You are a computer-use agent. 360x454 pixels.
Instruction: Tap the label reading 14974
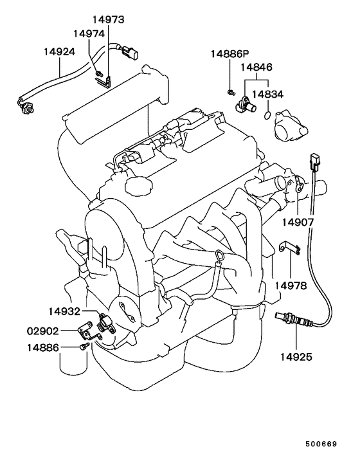tap(89, 33)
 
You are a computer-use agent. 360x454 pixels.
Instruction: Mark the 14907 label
tap(298, 222)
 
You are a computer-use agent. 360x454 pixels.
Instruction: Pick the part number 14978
tap(291, 284)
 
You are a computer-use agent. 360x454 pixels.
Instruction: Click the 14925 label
tap(295, 356)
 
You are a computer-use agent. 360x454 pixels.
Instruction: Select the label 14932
tap(64, 312)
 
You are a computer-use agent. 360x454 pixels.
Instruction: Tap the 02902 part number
tap(43, 331)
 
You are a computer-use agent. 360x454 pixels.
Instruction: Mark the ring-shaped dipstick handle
tap(220, 259)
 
